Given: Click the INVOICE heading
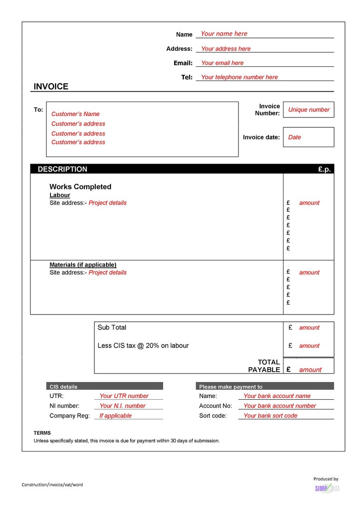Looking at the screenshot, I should coord(51,87).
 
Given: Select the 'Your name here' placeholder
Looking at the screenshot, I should coord(224,34).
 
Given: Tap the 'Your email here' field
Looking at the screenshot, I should coord(222,63).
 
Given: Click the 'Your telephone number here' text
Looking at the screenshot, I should coord(239,77).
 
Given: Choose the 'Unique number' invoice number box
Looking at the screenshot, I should coord(309,110).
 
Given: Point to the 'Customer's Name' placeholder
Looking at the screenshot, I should coord(75,114).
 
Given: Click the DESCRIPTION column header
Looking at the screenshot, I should coord(63,169).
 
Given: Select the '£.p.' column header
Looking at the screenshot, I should coord(324,169).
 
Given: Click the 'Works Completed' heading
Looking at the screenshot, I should coord(80,187).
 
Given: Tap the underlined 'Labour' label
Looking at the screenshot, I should coord(60,195).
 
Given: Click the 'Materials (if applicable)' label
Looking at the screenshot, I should coord(83,265).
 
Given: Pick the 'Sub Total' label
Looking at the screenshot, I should coord(112,327).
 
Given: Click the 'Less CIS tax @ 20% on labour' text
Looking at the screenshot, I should coord(143,345).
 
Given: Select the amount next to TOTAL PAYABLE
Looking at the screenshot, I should coord(310,370).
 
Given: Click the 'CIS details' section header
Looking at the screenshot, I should coord(63,387).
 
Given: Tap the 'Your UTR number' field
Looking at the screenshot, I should coord(124,396).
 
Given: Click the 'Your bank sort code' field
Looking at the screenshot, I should coord(270,416).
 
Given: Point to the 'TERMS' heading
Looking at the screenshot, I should coord(42,433).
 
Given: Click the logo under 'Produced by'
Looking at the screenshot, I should coord(327,488).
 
